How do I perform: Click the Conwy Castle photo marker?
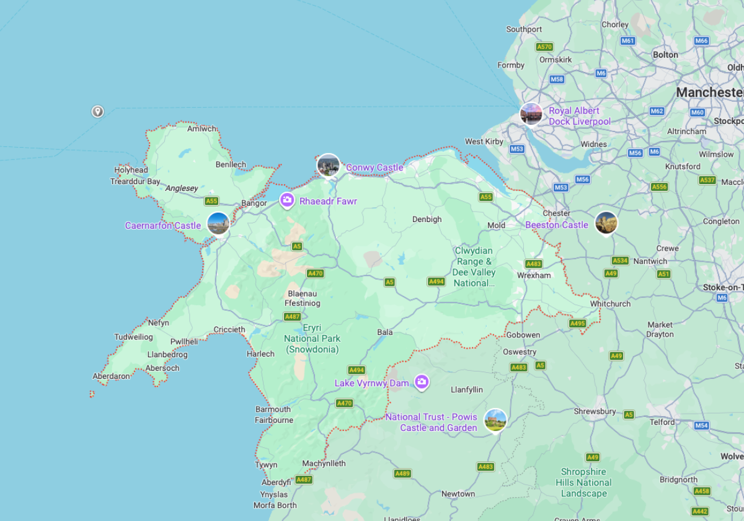(x=328, y=166)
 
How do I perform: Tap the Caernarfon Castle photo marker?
(x=218, y=224)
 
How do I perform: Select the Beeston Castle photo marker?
(x=606, y=223)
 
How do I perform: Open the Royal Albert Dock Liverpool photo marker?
(x=531, y=114)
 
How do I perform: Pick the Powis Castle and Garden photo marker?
(x=495, y=420)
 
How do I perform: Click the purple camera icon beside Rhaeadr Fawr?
(x=287, y=200)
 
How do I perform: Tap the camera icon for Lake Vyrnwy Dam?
(x=422, y=382)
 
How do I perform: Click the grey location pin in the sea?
(x=97, y=112)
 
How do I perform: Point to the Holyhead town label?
(x=131, y=170)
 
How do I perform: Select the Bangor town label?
(x=254, y=203)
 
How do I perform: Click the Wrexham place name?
(x=534, y=275)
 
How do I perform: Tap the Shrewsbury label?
(x=595, y=411)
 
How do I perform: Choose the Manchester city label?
(x=709, y=92)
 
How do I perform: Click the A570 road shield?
(x=544, y=47)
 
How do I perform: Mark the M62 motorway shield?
(x=657, y=111)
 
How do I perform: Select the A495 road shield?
(x=577, y=323)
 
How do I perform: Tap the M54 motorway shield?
(x=701, y=425)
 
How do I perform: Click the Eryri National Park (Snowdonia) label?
(x=312, y=338)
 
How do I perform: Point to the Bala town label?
(x=385, y=332)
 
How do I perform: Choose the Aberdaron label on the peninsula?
(x=112, y=376)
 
